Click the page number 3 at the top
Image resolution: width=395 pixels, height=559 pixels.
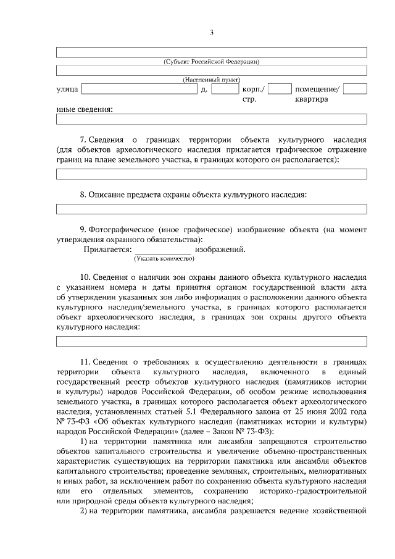pyautogui.click(x=211, y=33)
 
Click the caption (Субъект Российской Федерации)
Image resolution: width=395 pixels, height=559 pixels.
pyautogui.click(x=211, y=61)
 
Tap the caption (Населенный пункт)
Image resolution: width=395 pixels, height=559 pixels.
pyautogui.click(x=211, y=80)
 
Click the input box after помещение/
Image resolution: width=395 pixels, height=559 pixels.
pyautogui.click(x=355, y=90)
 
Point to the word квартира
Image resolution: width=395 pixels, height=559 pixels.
pyautogui.click(x=312, y=99)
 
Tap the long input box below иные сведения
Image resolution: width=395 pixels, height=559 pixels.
pyautogui.click(x=211, y=119)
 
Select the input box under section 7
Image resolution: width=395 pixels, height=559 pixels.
pyautogui.click(x=211, y=174)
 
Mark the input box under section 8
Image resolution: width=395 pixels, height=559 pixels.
pyautogui.click(x=211, y=209)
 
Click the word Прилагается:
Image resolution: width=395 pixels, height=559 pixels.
pyautogui.click(x=107, y=249)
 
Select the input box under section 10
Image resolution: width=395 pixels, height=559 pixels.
pyautogui.click(x=211, y=341)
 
